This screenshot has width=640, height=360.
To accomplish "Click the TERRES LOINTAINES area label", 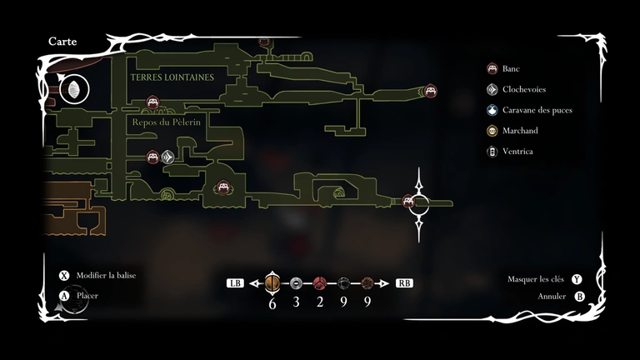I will pyautogui.click(x=172, y=77).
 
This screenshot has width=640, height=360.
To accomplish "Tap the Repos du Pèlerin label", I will pyautogui.click(x=166, y=122).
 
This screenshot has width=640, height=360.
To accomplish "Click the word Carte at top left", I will pyautogui.click(x=63, y=41).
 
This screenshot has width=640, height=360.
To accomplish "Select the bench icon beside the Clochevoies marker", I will pyautogui.click(x=152, y=156).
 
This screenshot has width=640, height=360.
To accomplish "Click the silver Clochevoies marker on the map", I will pyautogui.click(x=167, y=156).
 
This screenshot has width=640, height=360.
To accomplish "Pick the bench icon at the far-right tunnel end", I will pyautogui.click(x=430, y=90).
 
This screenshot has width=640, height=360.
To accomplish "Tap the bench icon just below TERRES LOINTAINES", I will pyautogui.click(x=152, y=102).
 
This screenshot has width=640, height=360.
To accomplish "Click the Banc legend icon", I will pyautogui.click(x=492, y=68).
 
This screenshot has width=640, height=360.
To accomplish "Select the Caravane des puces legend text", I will pyautogui.click(x=537, y=110).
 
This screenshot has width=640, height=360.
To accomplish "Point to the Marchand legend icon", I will pyautogui.click(x=492, y=131).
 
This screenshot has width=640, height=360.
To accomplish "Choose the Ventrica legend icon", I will pyautogui.click(x=492, y=152).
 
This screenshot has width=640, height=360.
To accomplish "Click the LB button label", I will pyautogui.click(x=234, y=283).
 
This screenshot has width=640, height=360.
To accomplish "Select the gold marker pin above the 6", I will pyautogui.click(x=272, y=282).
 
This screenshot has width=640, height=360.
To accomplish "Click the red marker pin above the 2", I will pyautogui.click(x=319, y=282).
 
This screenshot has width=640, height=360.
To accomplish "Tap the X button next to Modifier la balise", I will pyautogui.click(x=64, y=276).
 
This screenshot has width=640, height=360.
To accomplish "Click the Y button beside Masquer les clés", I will pyautogui.click(x=577, y=279).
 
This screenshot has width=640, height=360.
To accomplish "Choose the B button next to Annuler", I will pyautogui.click(x=580, y=296).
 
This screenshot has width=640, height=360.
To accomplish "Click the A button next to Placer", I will pyautogui.click(x=64, y=295).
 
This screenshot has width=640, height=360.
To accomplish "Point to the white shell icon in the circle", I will pyautogui.click(x=73, y=88).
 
